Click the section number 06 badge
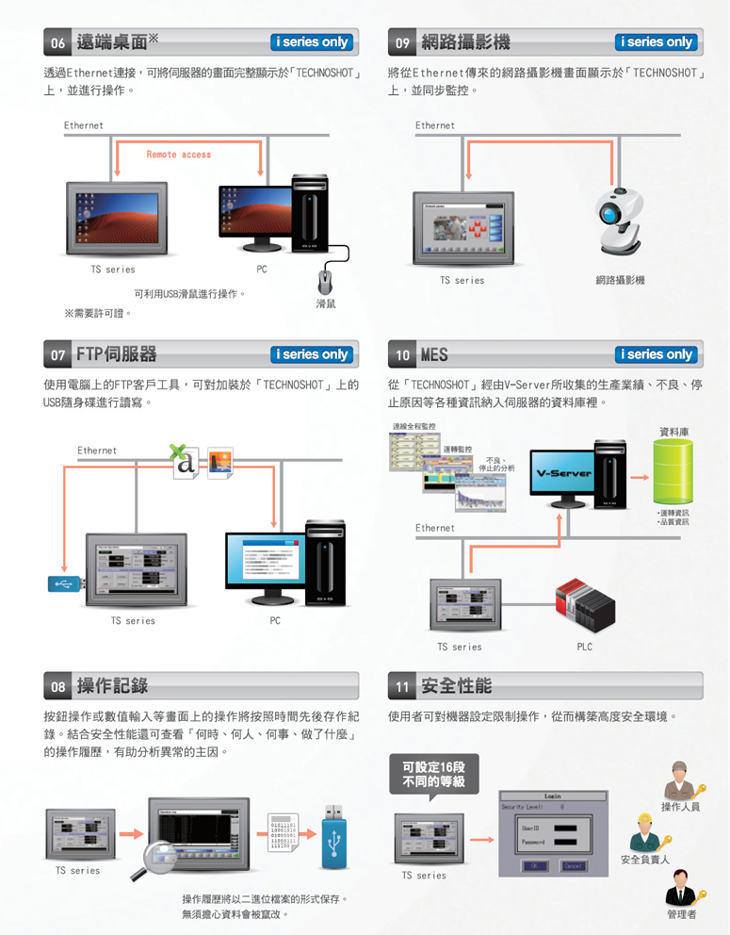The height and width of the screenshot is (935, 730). (58, 42)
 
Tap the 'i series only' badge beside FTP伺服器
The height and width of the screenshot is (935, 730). (311, 354)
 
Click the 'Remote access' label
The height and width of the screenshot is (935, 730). (179, 155)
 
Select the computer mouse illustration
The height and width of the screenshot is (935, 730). (326, 282)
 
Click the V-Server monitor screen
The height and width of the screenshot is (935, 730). (564, 473)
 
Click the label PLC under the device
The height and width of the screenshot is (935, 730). (584, 648)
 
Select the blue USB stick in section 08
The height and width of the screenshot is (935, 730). (334, 838)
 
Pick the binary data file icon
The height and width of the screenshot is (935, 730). (283, 833)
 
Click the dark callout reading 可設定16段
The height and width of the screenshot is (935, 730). (433, 774)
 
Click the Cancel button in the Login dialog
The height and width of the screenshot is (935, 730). (573, 865)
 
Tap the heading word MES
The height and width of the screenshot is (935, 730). (434, 355)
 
